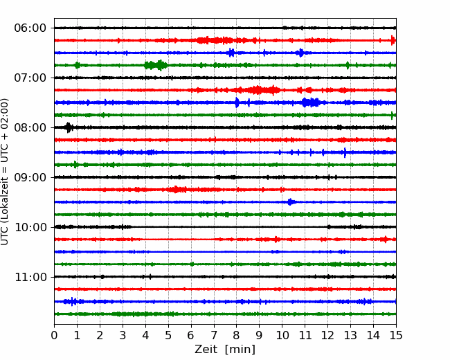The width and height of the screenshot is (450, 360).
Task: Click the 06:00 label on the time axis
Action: point(30,28)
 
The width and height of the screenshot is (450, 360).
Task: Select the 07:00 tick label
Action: point(30,78)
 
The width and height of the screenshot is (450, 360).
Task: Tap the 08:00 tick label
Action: point(30,127)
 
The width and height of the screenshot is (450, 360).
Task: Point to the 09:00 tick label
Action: point(30,177)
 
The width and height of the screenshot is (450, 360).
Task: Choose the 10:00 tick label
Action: point(30,227)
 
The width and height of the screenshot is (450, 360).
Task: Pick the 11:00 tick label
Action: point(30,277)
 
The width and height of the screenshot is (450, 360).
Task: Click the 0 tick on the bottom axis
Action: point(54,335)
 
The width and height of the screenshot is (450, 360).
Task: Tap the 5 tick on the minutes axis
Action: point(168,335)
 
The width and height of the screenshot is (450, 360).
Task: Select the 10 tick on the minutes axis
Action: point(282,335)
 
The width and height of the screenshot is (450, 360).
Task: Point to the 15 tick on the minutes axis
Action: point(396,335)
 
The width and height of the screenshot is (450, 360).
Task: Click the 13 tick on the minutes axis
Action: point(350,335)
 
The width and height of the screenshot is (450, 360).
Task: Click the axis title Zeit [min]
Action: point(225,350)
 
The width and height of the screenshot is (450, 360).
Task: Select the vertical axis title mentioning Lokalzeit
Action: point(5,172)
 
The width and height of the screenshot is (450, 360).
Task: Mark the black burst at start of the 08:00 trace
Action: point(69,127)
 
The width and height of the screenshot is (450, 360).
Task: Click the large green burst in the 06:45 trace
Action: point(156,65)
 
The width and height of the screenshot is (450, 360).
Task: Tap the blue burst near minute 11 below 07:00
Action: point(311,102)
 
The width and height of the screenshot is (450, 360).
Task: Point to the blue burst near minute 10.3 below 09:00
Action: point(290,202)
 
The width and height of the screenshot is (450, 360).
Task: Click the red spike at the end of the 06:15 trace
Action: point(393,40)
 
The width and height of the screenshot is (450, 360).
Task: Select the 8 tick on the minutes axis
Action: point(237,335)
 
